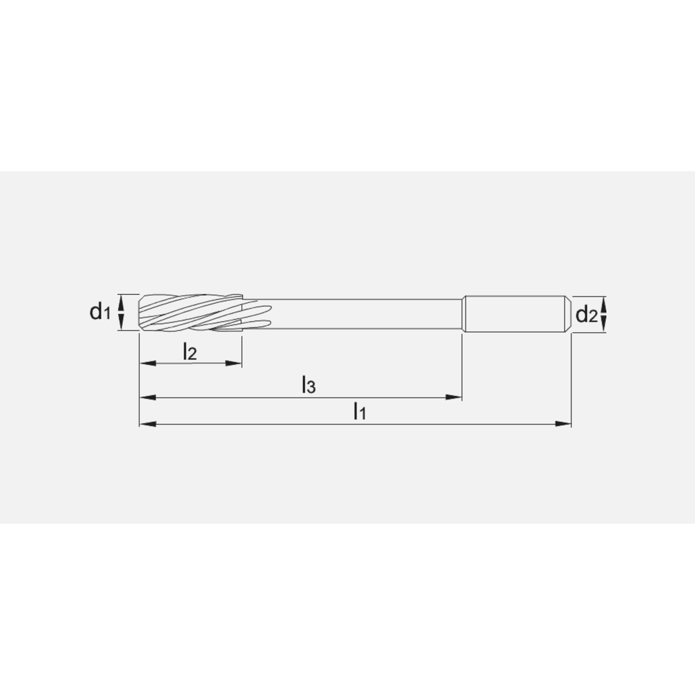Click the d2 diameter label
(x=587, y=314)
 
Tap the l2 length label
(x=190, y=352)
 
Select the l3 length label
(x=309, y=385)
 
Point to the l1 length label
(x=359, y=411)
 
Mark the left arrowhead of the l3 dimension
(x=145, y=398)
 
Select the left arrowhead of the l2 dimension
(x=145, y=363)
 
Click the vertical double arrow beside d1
(x=122, y=312)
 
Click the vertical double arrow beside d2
(x=603, y=314)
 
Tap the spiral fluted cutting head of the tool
(x=191, y=312)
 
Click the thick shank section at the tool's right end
(x=514, y=315)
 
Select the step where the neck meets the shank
(x=463, y=314)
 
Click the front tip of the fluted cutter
(x=141, y=312)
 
